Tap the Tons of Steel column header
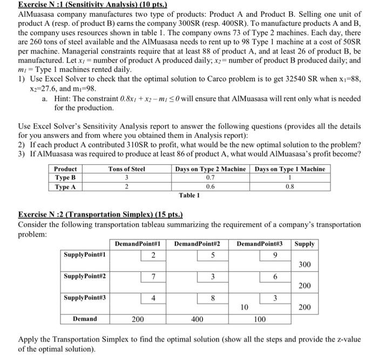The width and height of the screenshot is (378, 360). pos(127,169)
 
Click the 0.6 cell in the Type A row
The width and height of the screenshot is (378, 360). pos(210,186)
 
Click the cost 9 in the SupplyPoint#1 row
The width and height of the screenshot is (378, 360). pos(276,255)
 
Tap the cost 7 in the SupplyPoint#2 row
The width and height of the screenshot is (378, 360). pos(154,277)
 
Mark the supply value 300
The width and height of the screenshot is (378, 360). pos(305,264)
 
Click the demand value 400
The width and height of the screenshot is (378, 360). pos(197,319)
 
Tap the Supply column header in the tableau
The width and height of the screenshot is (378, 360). pos(305,244)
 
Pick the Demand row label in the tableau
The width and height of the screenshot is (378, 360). pos(85,319)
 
